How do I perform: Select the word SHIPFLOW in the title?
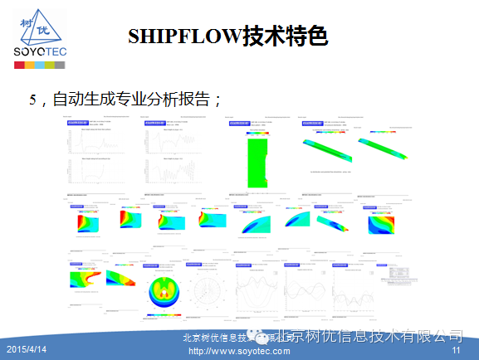(x=183, y=36)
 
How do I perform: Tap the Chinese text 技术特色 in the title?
(x=284, y=36)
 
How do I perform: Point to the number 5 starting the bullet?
(x=33, y=100)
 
